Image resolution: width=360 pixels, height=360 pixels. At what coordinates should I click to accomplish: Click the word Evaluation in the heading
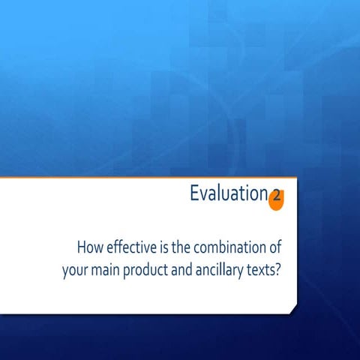pos(228,194)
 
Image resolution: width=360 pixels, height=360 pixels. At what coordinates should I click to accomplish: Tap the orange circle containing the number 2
pos(276,198)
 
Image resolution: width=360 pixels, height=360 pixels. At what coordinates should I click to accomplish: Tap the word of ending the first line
pos(273,247)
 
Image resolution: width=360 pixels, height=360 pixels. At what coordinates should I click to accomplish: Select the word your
pos(75,269)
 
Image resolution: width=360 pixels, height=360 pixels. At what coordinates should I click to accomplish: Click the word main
pos(108,268)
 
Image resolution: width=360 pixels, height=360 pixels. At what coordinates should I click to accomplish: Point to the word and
pos(193,268)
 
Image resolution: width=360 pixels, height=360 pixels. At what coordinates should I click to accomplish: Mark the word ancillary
pos(231,269)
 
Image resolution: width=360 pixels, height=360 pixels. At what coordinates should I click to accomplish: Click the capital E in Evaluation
pos(195,194)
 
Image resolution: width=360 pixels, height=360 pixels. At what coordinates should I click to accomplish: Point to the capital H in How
pos(81,247)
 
